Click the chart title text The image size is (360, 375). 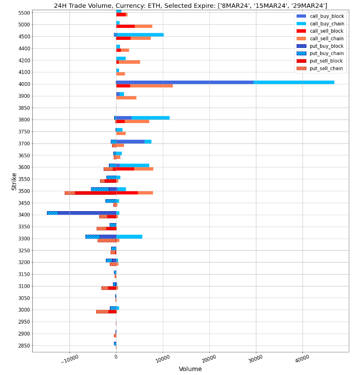(190, 5)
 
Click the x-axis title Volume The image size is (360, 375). (190, 369)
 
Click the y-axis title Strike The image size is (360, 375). (14, 182)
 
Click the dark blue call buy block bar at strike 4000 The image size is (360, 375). (185, 82)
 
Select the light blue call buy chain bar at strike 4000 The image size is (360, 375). (294, 82)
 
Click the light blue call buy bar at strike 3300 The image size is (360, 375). (129, 237)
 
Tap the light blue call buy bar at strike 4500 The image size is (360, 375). (140, 35)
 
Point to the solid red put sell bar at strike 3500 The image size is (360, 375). (95, 193)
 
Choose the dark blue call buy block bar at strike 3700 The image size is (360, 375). (130, 142)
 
